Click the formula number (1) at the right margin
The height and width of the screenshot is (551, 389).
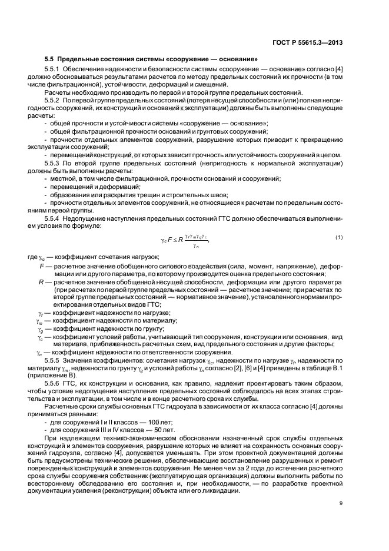[339, 237]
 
